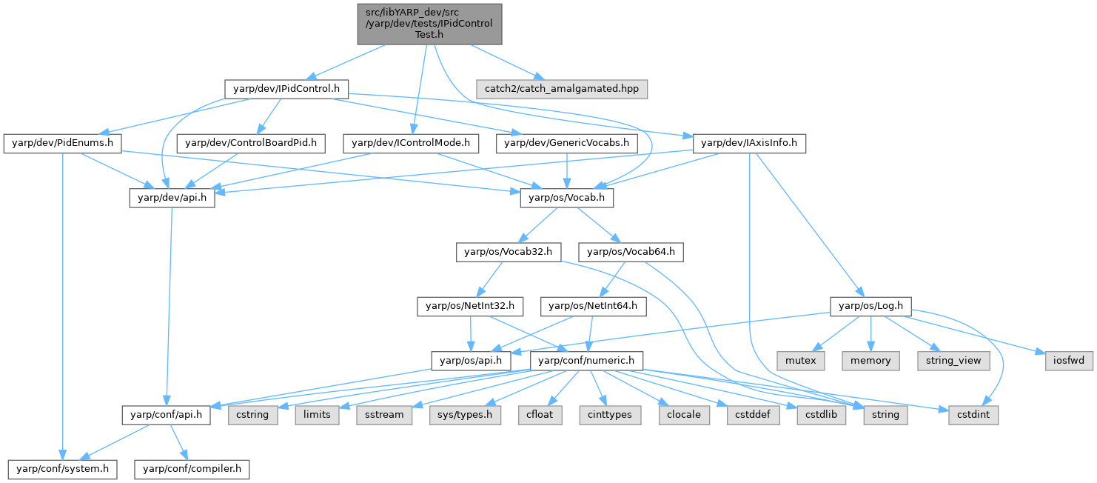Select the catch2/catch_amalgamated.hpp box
click(x=563, y=89)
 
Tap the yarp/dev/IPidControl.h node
click(x=286, y=89)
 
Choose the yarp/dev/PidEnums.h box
click(x=62, y=143)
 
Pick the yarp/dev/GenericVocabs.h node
click(x=566, y=143)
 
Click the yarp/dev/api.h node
click(x=172, y=198)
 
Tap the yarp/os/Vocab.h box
click(x=567, y=198)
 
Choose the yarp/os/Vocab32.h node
click(x=508, y=252)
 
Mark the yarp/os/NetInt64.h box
click(x=594, y=306)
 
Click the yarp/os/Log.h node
click(x=870, y=306)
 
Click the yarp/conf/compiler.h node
click(x=192, y=469)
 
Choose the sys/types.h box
click(x=465, y=415)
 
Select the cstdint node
click(x=973, y=415)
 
